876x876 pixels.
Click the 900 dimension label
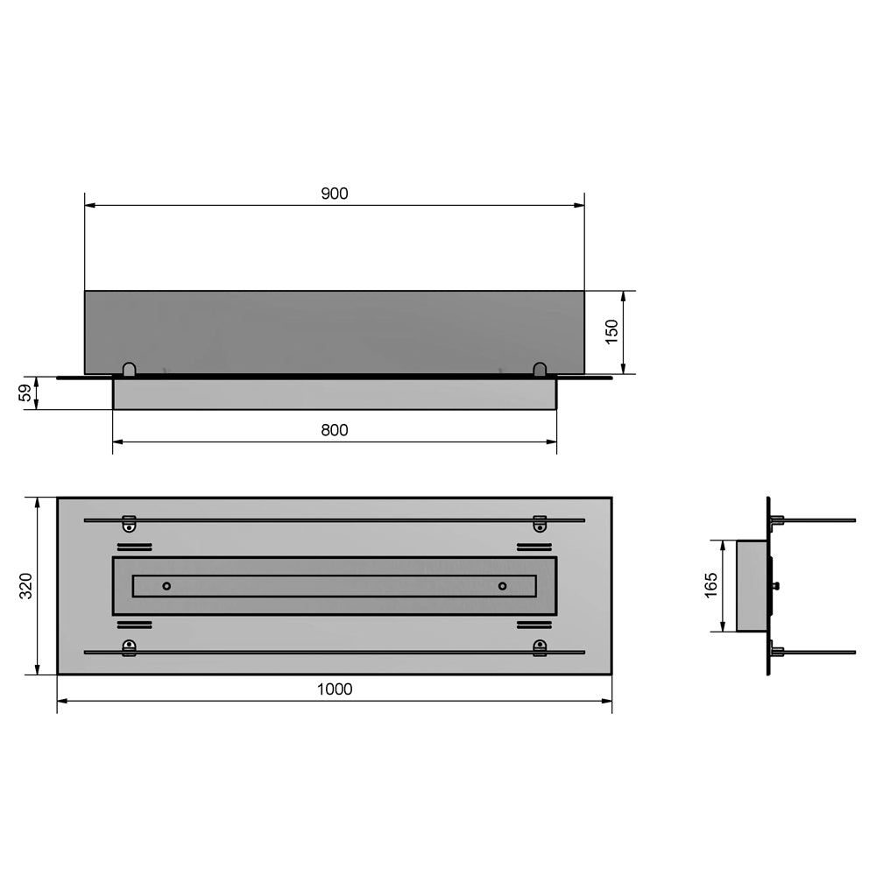pyautogui.click(x=334, y=194)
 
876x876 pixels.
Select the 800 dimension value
pyautogui.click(x=334, y=430)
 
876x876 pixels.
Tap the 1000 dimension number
pyautogui.click(x=334, y=689)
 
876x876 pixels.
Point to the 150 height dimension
pyautogui.click(x=611, y=332)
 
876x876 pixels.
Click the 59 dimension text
pyautogui.click(x=25, y=392)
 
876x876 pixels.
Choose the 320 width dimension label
pyautogui.click(x=25, y=585)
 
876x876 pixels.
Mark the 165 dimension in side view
pyautogui.click(x=710, y=585)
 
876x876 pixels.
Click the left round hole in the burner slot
pyautogui.click(x=166, y=586)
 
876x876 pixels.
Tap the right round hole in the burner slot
pyautogui.click(x=502, y=586)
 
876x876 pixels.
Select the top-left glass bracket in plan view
pyautogui.click(x=129, y=524)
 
